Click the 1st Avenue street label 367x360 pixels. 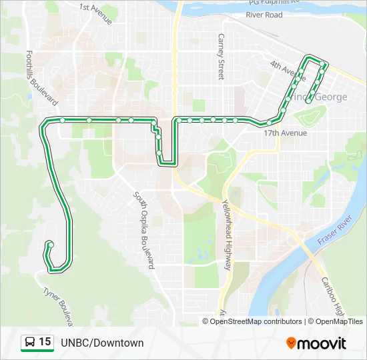click(x=95, y=13)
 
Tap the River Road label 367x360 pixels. click(x=264, y=15)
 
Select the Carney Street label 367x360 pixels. click(x=221, y=57)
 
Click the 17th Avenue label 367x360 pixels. click(x=285, y=133)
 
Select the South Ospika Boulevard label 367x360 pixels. click(x=144, y=229)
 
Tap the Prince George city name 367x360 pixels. click(x=326, y=97)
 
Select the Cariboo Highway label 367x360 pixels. click(x=334, y=297)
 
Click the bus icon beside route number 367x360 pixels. click(x=30, y=343)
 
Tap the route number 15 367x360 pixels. click(x=45, y=342)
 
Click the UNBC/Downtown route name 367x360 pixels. click(x=102, y=343)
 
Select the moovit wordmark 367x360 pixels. click(x=323, y=343)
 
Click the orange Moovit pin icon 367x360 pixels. click(x=292, y=343)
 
